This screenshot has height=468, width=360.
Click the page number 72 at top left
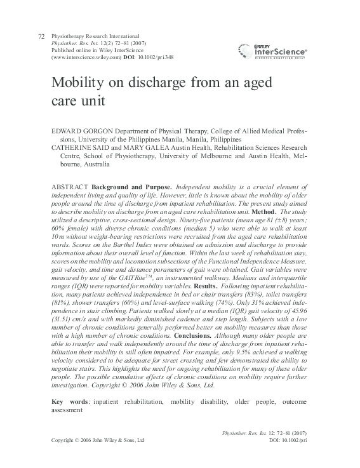(x=42, y=37)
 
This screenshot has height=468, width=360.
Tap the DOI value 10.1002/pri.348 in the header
(x=153, y=57)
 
